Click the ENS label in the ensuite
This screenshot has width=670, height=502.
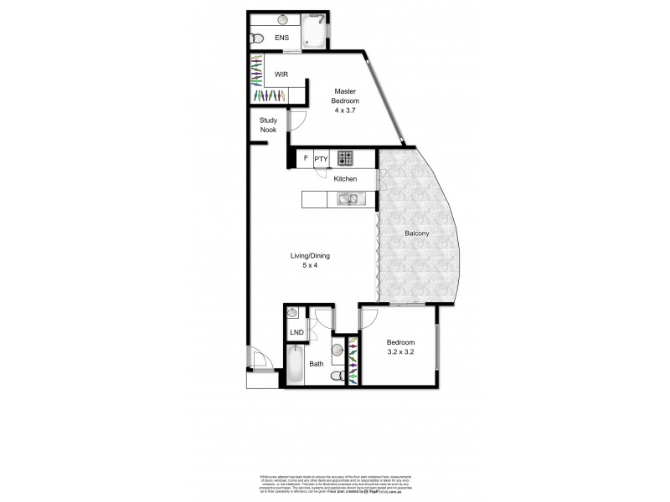tap(282, 37)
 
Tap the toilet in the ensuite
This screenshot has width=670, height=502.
tap(257, 37)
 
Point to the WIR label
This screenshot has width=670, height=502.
tap(282, 75)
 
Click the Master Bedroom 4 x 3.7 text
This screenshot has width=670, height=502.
tap(346, 100)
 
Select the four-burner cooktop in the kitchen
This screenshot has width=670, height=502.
tap(346, 157)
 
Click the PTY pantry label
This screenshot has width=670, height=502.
tap(321, 158)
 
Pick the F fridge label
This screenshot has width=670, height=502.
tap(306, 158)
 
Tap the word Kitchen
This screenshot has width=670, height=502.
tap(346, 179)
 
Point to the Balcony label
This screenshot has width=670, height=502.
tap(417, 233)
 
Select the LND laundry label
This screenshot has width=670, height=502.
tap(296, 333)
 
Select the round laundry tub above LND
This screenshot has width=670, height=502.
tap(293, 312)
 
